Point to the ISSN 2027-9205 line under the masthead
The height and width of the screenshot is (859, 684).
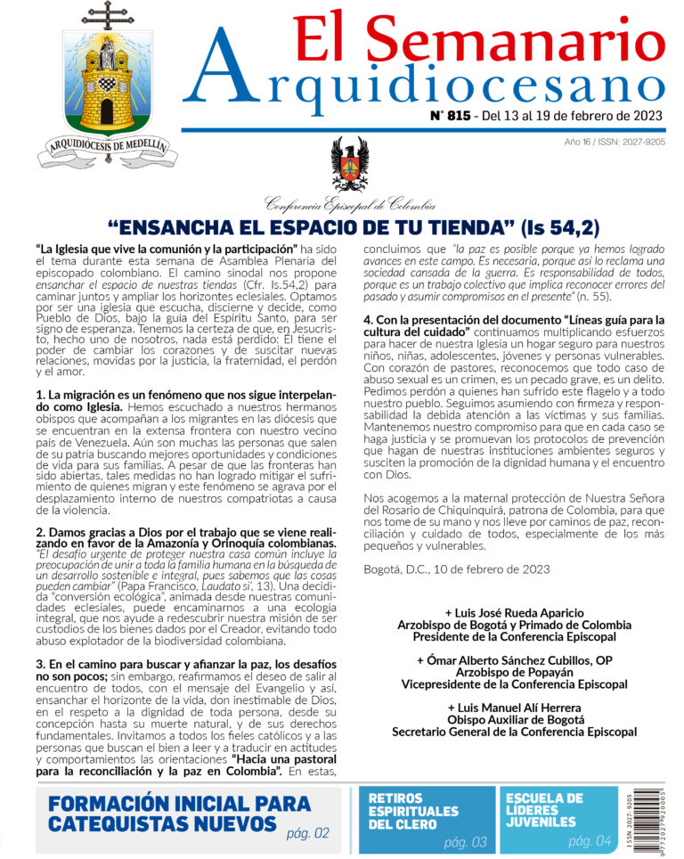tap(614, 142)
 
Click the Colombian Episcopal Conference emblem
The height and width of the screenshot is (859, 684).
tap(349, 164)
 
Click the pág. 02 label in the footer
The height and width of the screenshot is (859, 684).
tap(307, 833)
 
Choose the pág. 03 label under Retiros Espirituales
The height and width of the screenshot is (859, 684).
tap(465, 841)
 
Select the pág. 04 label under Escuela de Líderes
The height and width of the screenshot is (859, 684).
tap(590, 840)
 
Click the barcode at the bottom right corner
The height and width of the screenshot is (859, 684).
tap(655, 820)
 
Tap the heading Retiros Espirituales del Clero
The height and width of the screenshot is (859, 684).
tap(413, 811)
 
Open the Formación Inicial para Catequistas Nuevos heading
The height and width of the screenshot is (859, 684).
tap(179, 813)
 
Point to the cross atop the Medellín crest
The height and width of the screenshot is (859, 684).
tap(108, 15)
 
